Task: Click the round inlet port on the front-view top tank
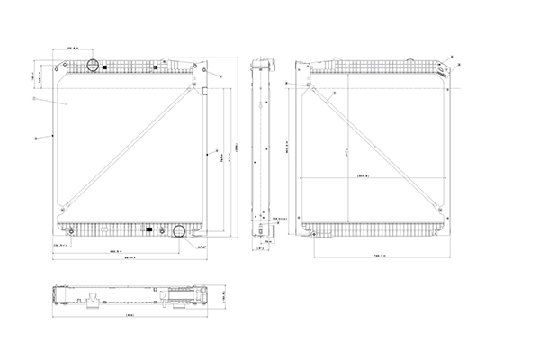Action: (x=92, y=66)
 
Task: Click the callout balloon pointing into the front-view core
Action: (x=32, y=100)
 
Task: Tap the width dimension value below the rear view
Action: (x=379, y=257)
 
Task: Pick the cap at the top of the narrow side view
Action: (x=262, y=64)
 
